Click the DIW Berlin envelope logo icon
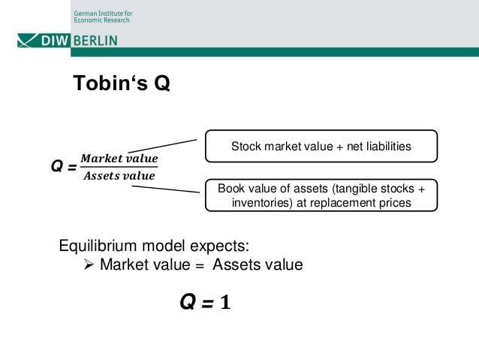click(27, 41)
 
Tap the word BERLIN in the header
click(95, 41)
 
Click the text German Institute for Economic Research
click(103, 17)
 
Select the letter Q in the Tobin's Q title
click(162, 83)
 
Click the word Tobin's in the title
click(110, 83)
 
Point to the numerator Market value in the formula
click(119, 159)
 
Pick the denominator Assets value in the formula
click(119, 176)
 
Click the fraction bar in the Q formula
click(119, 167)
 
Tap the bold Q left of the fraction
click(57, 166)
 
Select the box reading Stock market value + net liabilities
click(321, 147)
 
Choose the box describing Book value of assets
click(321, 195)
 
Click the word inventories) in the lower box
click(262, 203)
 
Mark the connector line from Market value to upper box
click(162, 146)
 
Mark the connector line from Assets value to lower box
click(166, 189)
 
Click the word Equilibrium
click(98, 246)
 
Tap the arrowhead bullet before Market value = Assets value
click(89, 265)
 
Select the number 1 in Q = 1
click(225, 302)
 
